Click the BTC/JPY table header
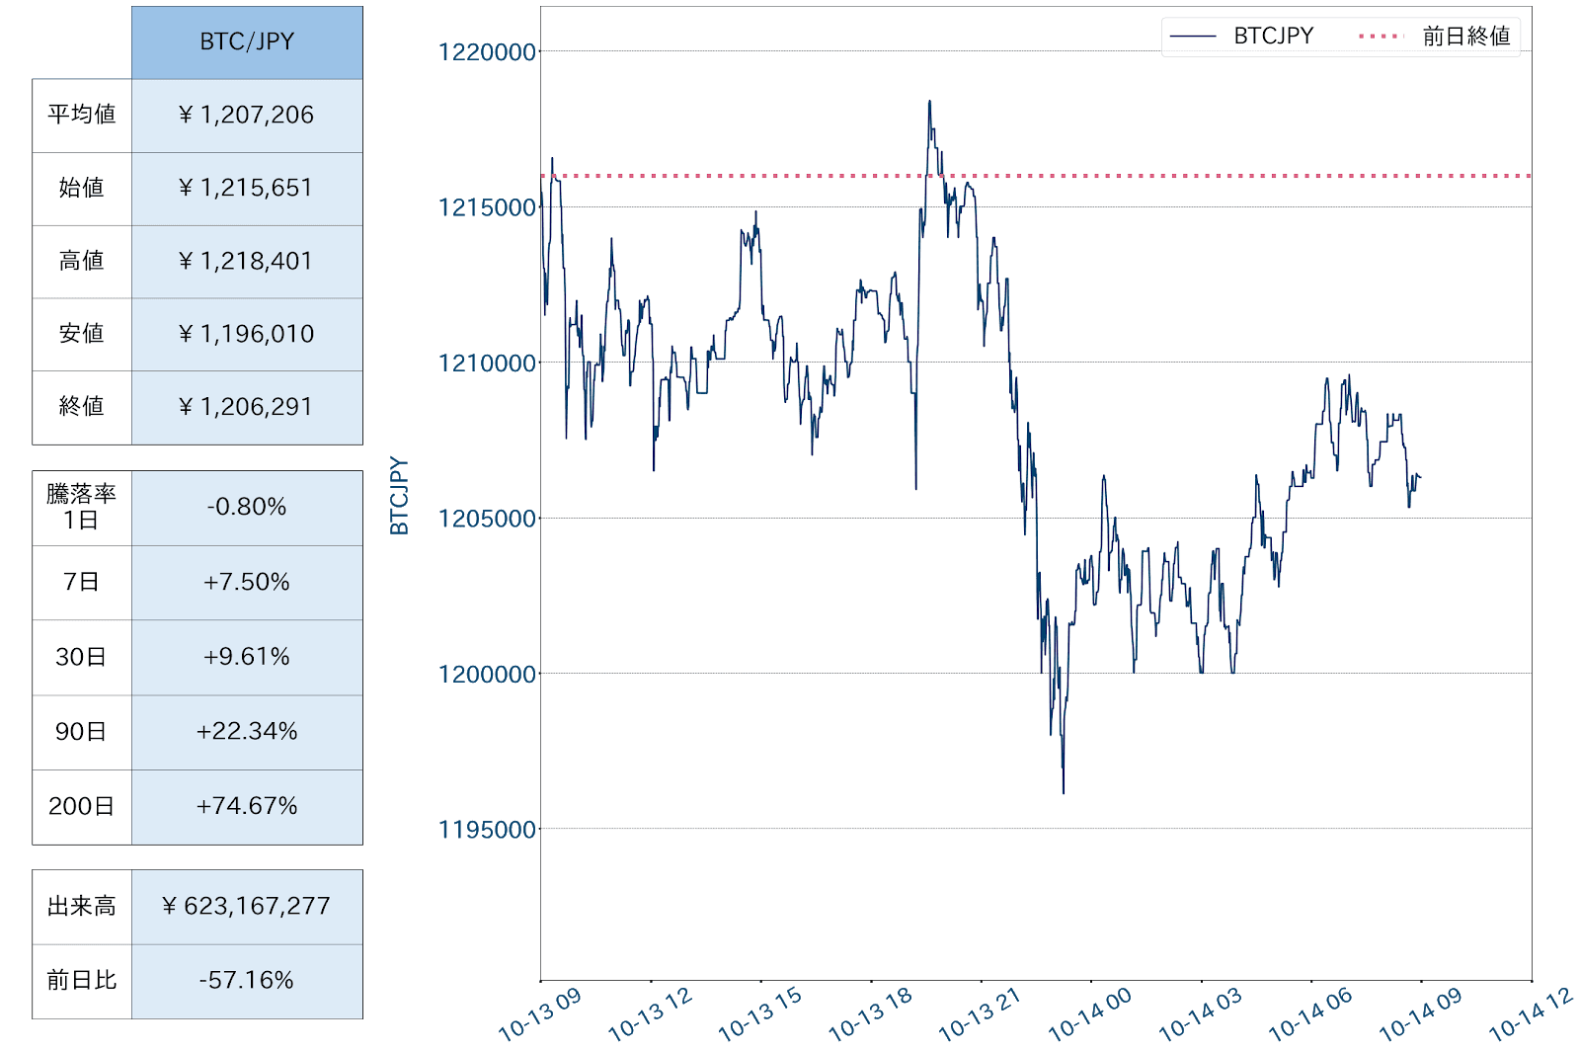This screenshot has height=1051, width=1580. pyautogui.click(x=247, y=41)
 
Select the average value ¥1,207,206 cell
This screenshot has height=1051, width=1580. pyautogui.click(x=247, y=115)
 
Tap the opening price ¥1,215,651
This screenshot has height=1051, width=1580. pyautogui.click(x=247, y=188)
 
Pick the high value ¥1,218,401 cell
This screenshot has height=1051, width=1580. pyautogui.click(x=247, y=261)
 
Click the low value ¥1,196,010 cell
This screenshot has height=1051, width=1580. pyautogui.click(x=247, y=334)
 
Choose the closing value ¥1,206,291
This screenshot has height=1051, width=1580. pyautogui.click(x=247, y=407)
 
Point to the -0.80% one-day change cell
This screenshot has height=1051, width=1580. pyautogui.click(x=247, y=507)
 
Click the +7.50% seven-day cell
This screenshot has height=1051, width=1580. pyautogui.click(x=247, y=582)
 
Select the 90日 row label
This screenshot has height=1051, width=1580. pyautogui.click(x=81, y=732)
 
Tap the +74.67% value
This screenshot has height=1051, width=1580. pyautogui.click(x=247, y=806)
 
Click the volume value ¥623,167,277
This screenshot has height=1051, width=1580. pyautogui.click(x=247, y=906)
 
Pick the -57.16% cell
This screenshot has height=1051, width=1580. pyautogui.click(x=247, y=980)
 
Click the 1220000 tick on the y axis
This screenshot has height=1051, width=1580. pyautogui.click(x=487, y=52)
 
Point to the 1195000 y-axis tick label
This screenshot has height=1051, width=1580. pyautogui.click(x=487, y=830)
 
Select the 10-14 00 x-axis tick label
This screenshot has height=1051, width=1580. pyautogui.click(x=1089, y=1015)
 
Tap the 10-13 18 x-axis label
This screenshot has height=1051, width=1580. pyautogui.click(x=869, y=1015)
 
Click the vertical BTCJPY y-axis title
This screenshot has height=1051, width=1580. pyautogui.click(x=399, y=496)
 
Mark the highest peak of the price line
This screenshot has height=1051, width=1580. pyautogui.click(x=929, y=101)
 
